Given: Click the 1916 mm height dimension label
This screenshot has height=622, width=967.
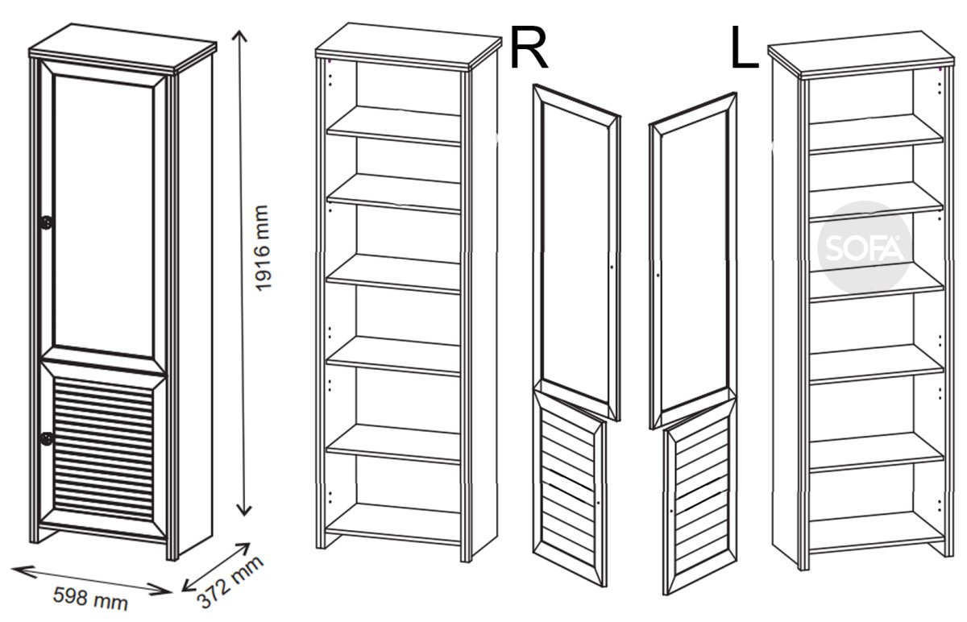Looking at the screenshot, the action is (x=262, y=249).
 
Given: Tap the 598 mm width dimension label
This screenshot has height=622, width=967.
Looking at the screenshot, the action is (x=90, y=599).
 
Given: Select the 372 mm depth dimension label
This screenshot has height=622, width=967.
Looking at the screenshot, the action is (x=230, y=582).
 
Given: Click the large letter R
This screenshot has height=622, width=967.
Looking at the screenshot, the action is (x=528, y=48).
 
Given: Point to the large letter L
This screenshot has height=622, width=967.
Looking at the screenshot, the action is (x=744, y=48).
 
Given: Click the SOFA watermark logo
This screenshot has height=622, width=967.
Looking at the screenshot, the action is (x=864, y=248).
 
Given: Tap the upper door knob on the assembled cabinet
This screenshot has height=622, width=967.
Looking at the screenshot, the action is (x=45, y=222).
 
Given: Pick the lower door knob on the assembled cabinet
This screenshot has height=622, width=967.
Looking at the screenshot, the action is (x=45, y=439).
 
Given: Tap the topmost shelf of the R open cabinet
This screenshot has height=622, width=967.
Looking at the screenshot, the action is (x=394, y=126).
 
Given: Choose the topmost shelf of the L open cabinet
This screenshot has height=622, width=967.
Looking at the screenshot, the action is (x=876, y=135).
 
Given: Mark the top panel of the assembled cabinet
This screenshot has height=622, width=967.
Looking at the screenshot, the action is (x=122, y=48).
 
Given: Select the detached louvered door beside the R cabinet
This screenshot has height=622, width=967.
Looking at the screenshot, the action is (x=570, y=488).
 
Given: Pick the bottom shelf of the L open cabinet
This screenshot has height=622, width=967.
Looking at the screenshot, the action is (x=876, y=531).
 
